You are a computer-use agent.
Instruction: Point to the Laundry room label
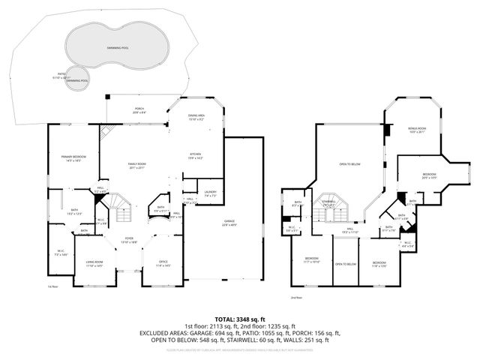point(210,192)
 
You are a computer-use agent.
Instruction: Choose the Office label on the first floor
point(162,263)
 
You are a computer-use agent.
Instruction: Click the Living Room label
point(94,263)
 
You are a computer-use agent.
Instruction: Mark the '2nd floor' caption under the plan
point(297,298)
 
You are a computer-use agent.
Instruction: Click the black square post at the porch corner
point(107,96)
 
